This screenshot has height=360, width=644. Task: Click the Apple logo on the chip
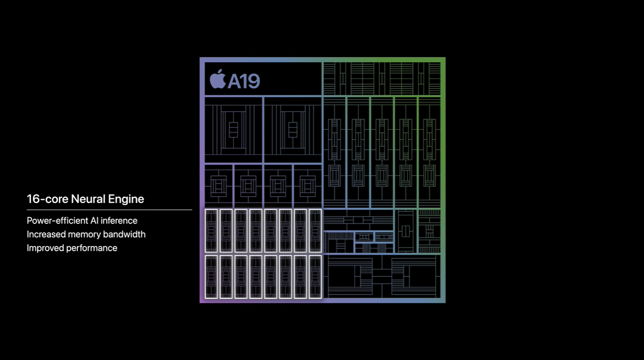click(x=218, y=80)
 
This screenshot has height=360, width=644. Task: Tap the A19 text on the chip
click(x=244, y=81)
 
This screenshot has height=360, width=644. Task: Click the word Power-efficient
click(x=58, y=220)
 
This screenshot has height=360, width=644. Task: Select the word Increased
click(x=46, y=234)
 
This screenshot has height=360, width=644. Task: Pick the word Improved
click(x=45, y=248)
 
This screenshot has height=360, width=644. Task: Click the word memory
click(x=85, y=234)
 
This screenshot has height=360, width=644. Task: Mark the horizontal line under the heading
click(x=109, y=210)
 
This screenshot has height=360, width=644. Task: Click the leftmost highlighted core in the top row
click(x=211, y=231)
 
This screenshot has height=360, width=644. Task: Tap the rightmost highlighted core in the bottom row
click(x=315, y=277)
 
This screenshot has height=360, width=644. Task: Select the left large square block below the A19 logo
click(x=233, y=130)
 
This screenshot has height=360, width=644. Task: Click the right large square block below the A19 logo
click(x=293, y=130)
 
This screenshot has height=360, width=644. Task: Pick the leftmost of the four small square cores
click(x=219, y=186)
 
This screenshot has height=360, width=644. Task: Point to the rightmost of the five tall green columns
click(x=429, y=152)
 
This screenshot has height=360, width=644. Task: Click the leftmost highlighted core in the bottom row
click(x=211, y=277)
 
